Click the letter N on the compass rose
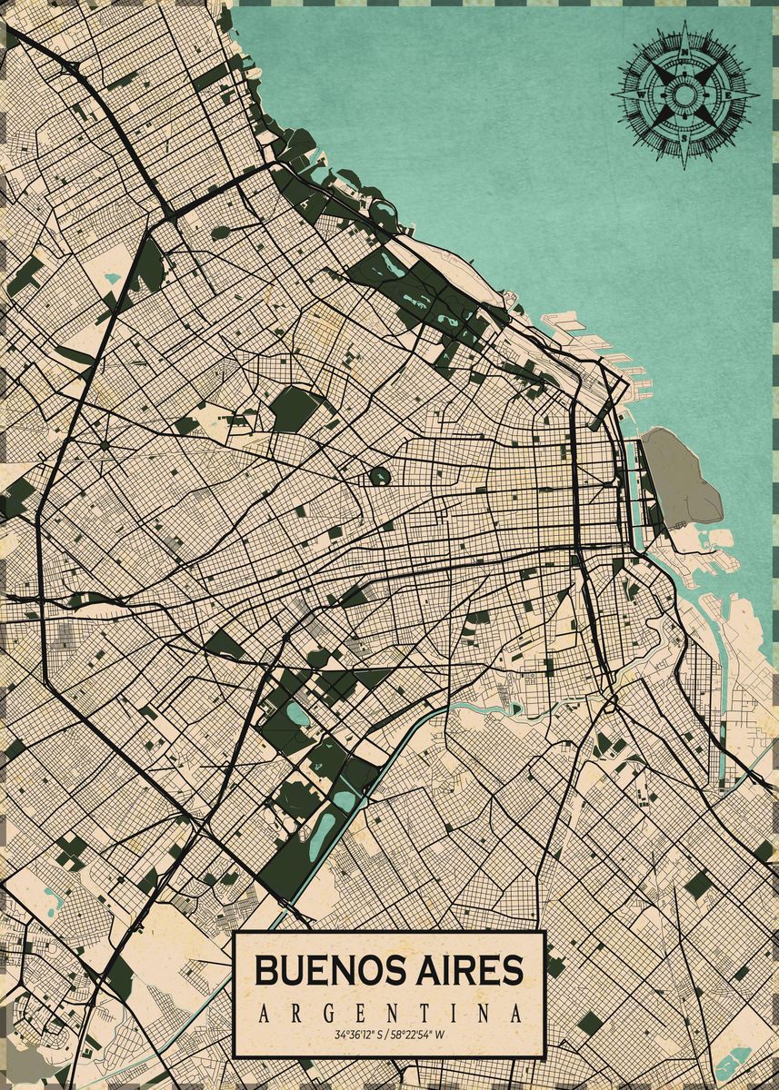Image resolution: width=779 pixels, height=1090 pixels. [684, 54]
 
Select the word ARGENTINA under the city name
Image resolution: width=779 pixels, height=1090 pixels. [390, 1014]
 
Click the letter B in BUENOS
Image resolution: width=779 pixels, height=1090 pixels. [265, 970]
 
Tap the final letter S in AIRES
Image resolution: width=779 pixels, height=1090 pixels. [514, 970]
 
